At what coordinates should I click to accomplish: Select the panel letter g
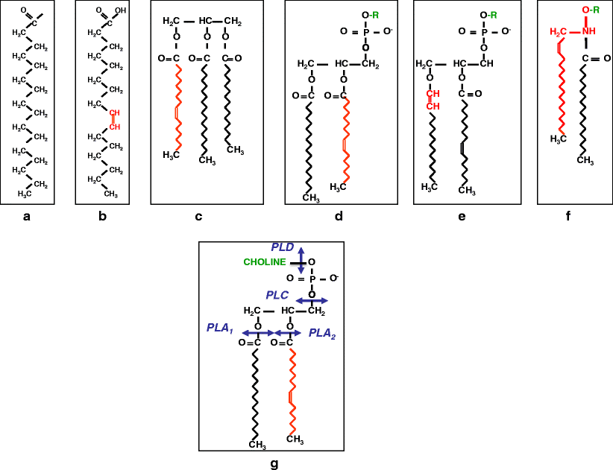[x=274, y=464]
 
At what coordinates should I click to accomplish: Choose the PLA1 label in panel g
[x=221, y=328]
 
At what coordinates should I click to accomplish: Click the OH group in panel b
[x=121, y=12]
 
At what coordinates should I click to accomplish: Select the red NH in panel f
[x=589, y=31]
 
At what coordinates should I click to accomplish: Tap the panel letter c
[x=198, y=217]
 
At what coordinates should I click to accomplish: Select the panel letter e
[x=462, y=217]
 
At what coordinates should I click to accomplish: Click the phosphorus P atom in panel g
[x=312, y=279]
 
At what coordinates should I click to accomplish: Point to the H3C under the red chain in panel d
[x=339, y=185]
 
